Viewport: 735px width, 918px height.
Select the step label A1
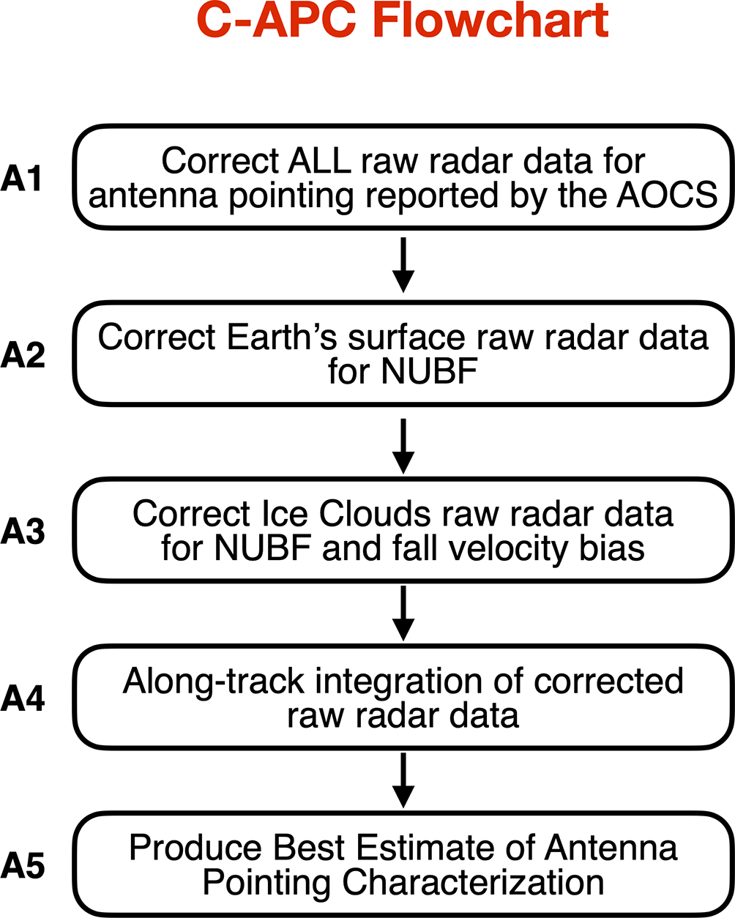click(x=23, y=179)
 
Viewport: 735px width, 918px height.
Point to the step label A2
click(x=23, y=355)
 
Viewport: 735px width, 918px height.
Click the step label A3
click(x=23, y=531)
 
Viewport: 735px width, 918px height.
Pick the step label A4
click(x=23, y=699)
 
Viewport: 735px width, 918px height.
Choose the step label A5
click(x=23, y=867)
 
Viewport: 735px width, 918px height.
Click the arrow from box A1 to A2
click(x=403, y=264)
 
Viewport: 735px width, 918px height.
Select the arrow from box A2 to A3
click(x=403, y=444)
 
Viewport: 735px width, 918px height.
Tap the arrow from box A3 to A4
click(x=403, y=613)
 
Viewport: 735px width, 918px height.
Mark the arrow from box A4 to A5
click(x=403, y=780)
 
